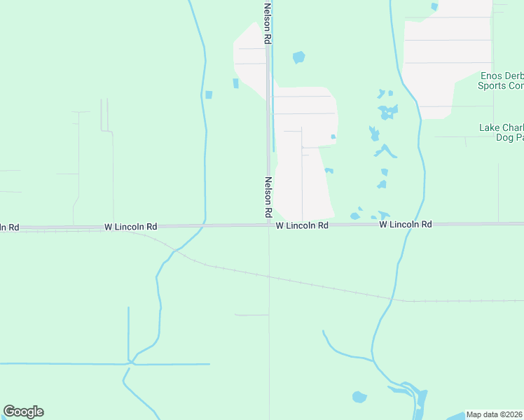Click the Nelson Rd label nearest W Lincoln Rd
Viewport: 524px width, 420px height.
point(268,196)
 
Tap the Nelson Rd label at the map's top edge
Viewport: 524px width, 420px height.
point(267,22)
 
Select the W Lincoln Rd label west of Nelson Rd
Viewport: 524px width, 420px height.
point(131,227)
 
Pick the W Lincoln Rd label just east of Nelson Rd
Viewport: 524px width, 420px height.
point(302,225)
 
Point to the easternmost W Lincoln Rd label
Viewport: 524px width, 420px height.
point(406,224)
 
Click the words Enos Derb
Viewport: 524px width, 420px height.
point(502,76)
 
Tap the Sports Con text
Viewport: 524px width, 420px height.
point(500,86)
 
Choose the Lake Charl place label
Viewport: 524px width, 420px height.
point(501,128)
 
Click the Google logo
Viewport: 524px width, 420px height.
point(23,412)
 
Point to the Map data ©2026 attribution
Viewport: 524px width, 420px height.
point(495,414)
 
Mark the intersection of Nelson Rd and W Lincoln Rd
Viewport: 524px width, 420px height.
point(268,225)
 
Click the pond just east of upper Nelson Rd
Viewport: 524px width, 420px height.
point(299,57)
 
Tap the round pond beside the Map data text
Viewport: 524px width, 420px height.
point(359,397)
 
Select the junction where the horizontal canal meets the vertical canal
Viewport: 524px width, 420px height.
point(130,363)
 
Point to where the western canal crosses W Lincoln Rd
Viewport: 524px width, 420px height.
point(204,225)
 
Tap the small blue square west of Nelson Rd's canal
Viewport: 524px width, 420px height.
point(208,94)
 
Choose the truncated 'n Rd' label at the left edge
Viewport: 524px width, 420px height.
point(9,227)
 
